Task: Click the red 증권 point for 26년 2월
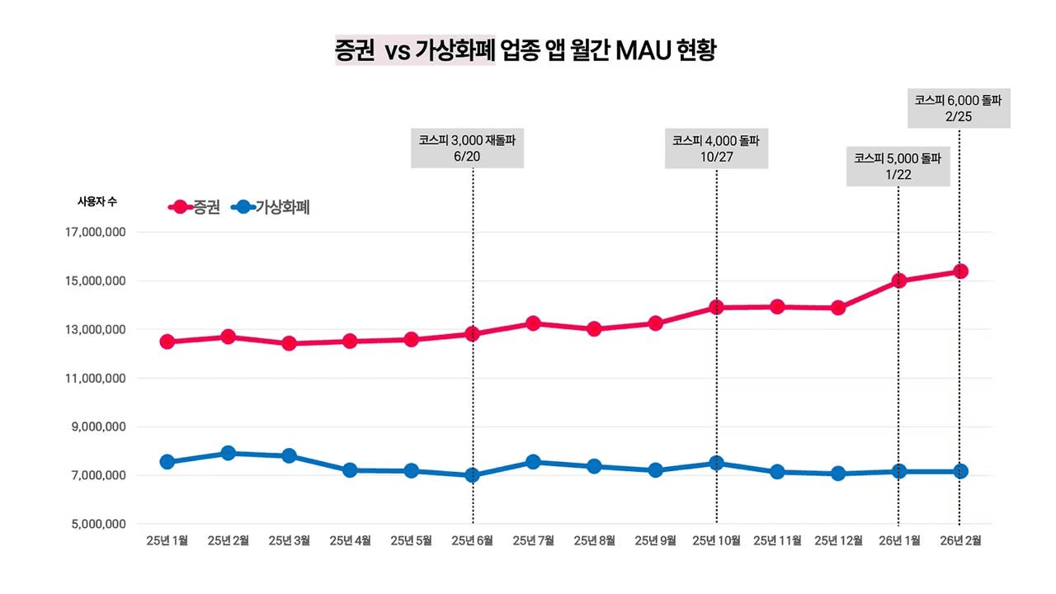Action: pyautogui.click(x=959, y=271)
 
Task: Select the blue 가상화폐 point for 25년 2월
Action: pyautogui.click(x=229, y=453)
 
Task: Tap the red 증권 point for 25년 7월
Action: pyautogui.click(x=533, y=323)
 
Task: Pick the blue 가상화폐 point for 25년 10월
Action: pyautogui.click(x=716, y=463)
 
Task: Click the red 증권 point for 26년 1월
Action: pyautogui.click(x=898, y=280)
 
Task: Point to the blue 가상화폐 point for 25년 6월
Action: pyautogui.click(x=473, y=475)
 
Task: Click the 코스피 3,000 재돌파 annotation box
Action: pyautogui.click(x=467, y=148)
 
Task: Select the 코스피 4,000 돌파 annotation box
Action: pyautogui.click(x=716, y=148)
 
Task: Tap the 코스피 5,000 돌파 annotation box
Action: pyautogui.click(x=898, y=165)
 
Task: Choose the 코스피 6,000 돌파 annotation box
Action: pyautogui.click(x=959, y=107)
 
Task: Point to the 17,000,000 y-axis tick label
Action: pyautogui.click(x=95, y=233)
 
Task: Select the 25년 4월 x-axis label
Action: pyautogui.click(x=350, y=541)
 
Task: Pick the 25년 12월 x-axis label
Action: pyautogui.click(x=837, y=541)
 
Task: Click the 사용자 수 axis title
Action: pyautogui.click(x=97, y=201)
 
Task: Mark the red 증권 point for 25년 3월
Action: pyautogui.click(x=290, y=343)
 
